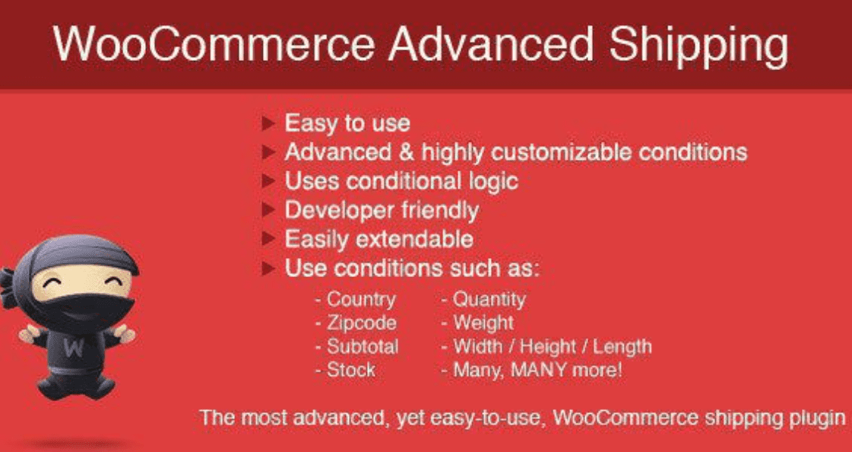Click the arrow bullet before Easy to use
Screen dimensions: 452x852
coord(267,123)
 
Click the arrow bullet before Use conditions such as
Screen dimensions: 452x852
coord(267,269)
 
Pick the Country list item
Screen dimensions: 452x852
coord(360,299)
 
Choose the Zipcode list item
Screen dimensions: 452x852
coord(361,323)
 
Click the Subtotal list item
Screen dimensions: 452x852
coord(363,346)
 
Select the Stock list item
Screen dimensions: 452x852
coord(350,370)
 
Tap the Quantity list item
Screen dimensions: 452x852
coord(488,299)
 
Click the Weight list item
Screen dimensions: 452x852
coord(483,323)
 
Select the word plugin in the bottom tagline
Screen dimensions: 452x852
coord(817,418)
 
